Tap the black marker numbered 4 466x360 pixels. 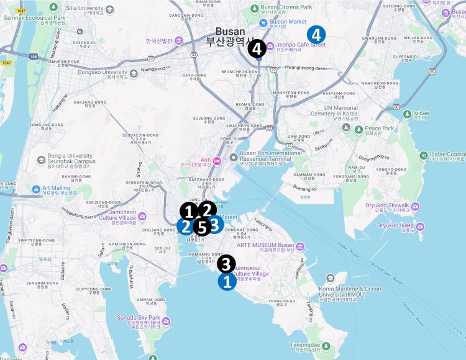point(257,48)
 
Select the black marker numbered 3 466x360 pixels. point(226,264)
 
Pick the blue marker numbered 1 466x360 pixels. point(227,282)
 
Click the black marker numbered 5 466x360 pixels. point(201,227)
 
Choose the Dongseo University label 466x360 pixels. point(103,73)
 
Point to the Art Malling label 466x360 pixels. point(60,188)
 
